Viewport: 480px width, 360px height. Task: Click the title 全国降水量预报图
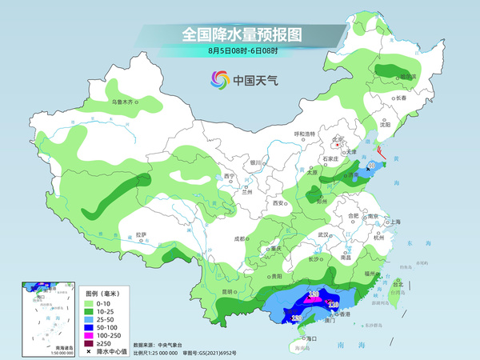(x=239, y=34)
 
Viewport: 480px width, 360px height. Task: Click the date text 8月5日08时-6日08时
(x=240, y=51)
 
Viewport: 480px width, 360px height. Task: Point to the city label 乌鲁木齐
(x=124, y=102)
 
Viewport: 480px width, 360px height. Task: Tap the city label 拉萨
(x=142, y=234)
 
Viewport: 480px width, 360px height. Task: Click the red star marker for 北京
(x=338, y=144)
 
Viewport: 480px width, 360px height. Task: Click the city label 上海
(x=394, y=222)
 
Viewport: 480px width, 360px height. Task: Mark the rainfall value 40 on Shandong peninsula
(x=372, y=166)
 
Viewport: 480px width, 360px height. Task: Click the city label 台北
(x=398, y=282)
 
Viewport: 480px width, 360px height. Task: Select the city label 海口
(x=311, y=338)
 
